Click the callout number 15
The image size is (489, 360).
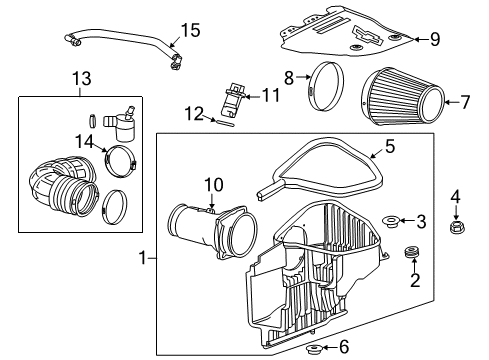189,29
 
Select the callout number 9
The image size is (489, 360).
435,39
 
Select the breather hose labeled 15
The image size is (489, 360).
120,42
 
